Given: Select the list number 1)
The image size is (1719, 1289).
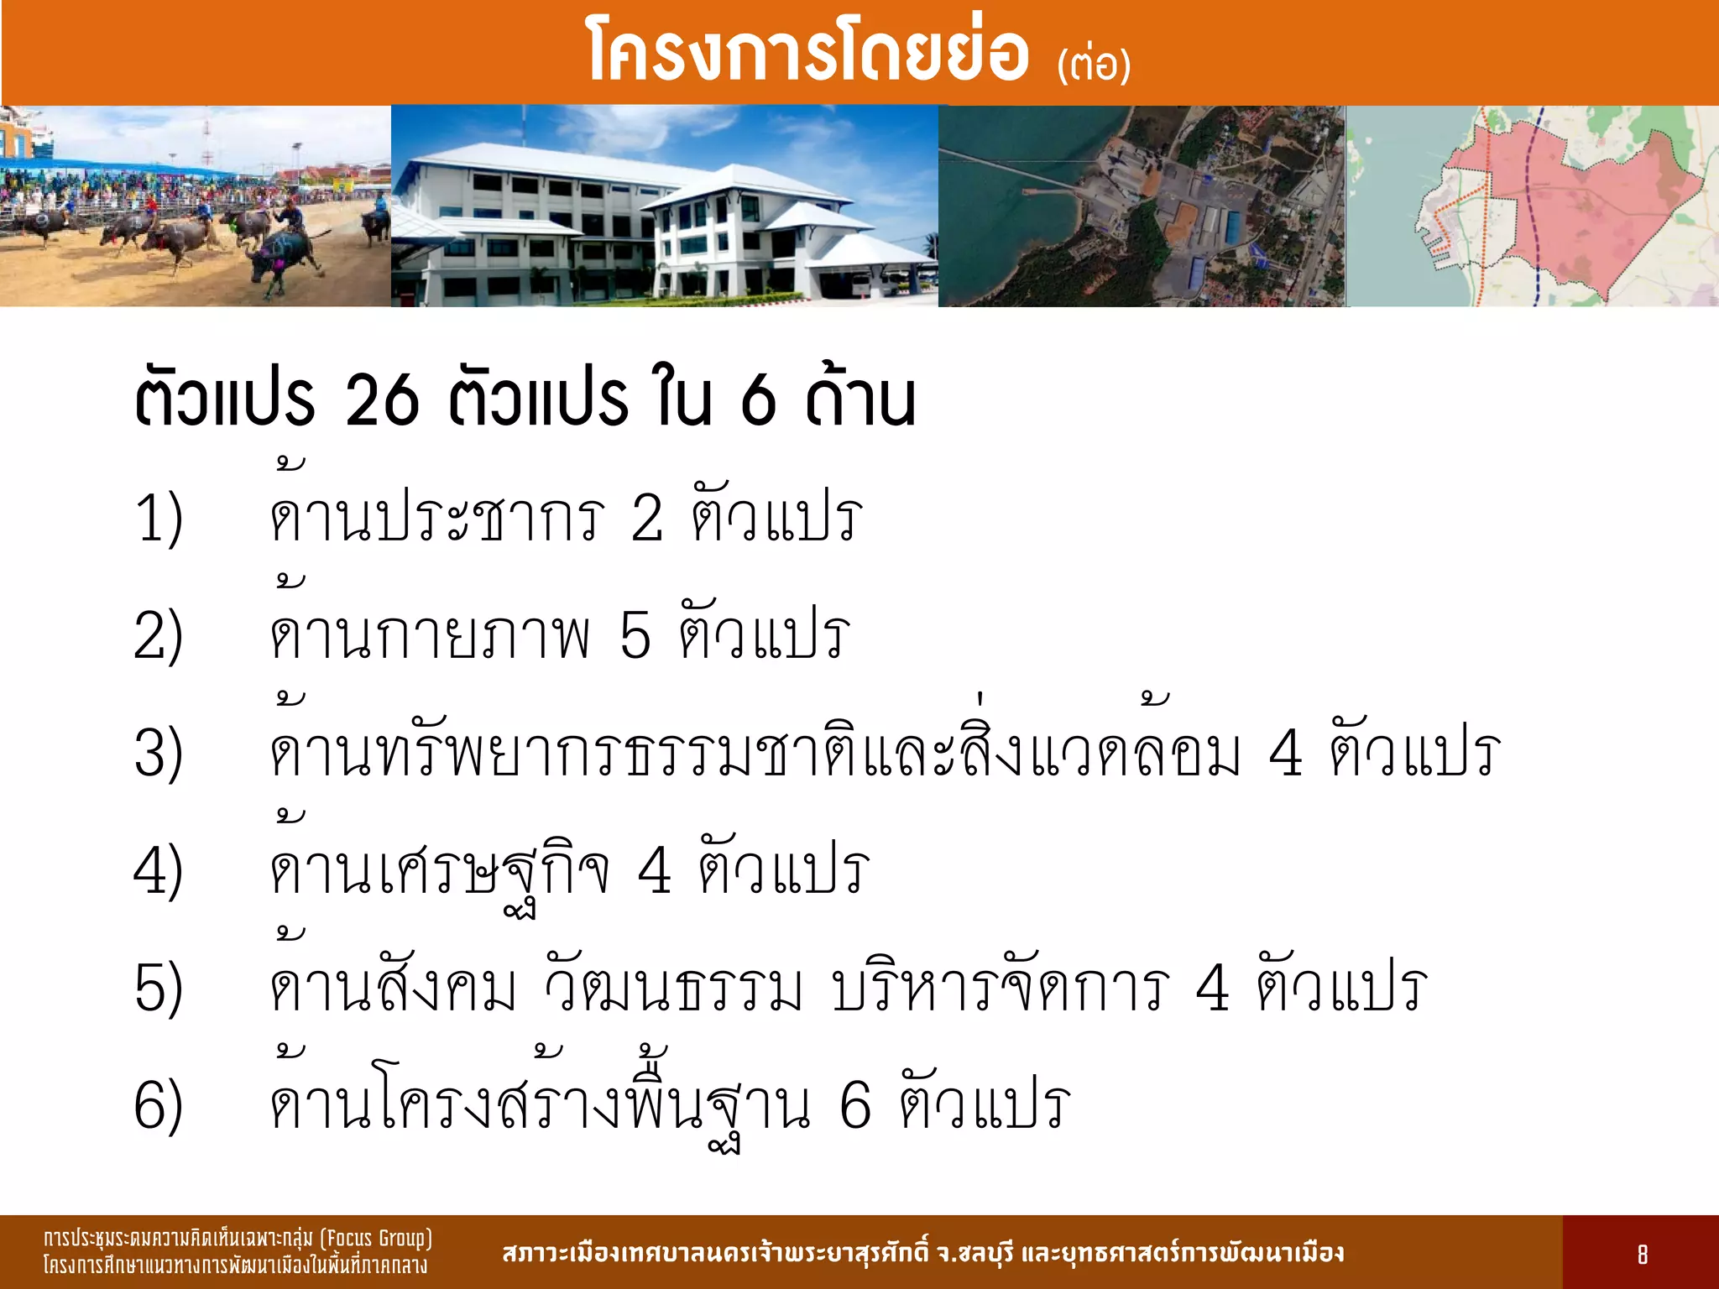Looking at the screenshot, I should [x=159, y=518].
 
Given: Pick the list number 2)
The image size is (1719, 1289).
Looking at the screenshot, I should [x=159, y=635].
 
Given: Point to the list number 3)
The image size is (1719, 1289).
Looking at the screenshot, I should [x=159, y=753].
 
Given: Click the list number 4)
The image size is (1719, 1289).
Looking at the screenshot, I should [x=159, y=870].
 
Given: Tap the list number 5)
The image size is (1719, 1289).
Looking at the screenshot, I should [x=159, y=988].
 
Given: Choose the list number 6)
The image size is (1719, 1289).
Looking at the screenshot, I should [x=159, y=1105].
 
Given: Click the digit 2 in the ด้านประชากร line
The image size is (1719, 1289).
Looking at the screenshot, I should [x=647, y=518].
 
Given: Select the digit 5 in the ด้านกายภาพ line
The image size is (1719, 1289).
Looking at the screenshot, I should [x=635, y=635].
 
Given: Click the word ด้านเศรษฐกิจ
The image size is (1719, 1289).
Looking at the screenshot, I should [x=439, y=870].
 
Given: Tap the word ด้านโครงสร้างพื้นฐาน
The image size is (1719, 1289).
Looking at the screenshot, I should [x=539, y=1105].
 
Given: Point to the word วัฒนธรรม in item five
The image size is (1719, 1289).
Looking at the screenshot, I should [x=673, y=988].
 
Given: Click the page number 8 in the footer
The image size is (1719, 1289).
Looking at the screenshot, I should [x=1642, y=1255].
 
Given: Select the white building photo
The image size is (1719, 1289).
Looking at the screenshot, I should [x=664, y=206].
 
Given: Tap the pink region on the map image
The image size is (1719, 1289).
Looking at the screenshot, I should [x=1578, y=201].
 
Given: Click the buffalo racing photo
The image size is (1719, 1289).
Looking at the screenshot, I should [x=195, y=206].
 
